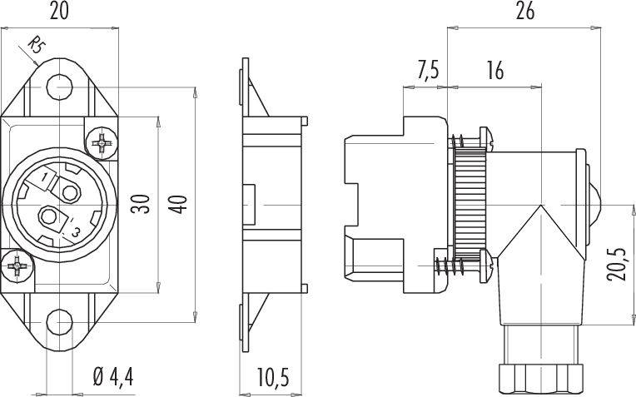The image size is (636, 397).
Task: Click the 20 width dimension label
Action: [x=59, y=12]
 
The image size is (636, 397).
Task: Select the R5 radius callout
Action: [x=36, y=45]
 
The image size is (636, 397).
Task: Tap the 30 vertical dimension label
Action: [x=141, y=204]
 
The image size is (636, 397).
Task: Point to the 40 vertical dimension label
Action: [x=178, y=205]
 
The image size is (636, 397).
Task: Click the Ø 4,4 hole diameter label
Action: [x=112, y=377]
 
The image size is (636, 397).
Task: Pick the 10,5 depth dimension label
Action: [x=273, y=377]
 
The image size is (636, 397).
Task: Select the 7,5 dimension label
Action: [x=428, y=71]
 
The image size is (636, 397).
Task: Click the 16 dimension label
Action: [x=494, y=71]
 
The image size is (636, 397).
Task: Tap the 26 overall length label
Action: [x=524, y=12]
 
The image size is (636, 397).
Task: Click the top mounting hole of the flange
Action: [x=60, y=87]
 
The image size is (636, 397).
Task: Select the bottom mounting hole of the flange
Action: [x=60, y=322]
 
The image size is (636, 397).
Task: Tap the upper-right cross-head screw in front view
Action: [x=102, y=143]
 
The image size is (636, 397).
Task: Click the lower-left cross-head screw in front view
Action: [x=17, y=266]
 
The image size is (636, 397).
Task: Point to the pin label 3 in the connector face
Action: [x=76, y=232]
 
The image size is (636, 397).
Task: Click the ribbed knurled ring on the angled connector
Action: [x=470, y=204]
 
